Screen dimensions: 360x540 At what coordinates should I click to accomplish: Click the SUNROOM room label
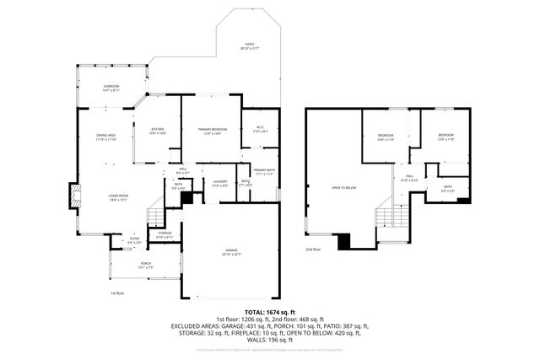(111, 87)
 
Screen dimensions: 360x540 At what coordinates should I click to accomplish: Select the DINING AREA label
(105, 137)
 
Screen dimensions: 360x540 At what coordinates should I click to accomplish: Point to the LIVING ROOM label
(116, 198)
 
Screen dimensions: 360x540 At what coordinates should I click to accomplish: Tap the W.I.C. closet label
(260, 130)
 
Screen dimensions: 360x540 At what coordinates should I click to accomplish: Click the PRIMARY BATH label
(265, 172)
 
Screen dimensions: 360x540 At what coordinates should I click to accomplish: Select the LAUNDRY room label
(220, 183)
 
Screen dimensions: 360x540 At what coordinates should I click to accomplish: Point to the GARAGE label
(230, 252)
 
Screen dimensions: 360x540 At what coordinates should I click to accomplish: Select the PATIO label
(249, 46)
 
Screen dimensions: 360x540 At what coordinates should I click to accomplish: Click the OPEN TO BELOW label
(343, 187)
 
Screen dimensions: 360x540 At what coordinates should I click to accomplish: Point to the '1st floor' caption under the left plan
(117, 293)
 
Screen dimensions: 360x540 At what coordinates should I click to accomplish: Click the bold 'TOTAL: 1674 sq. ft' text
(269, 312)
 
